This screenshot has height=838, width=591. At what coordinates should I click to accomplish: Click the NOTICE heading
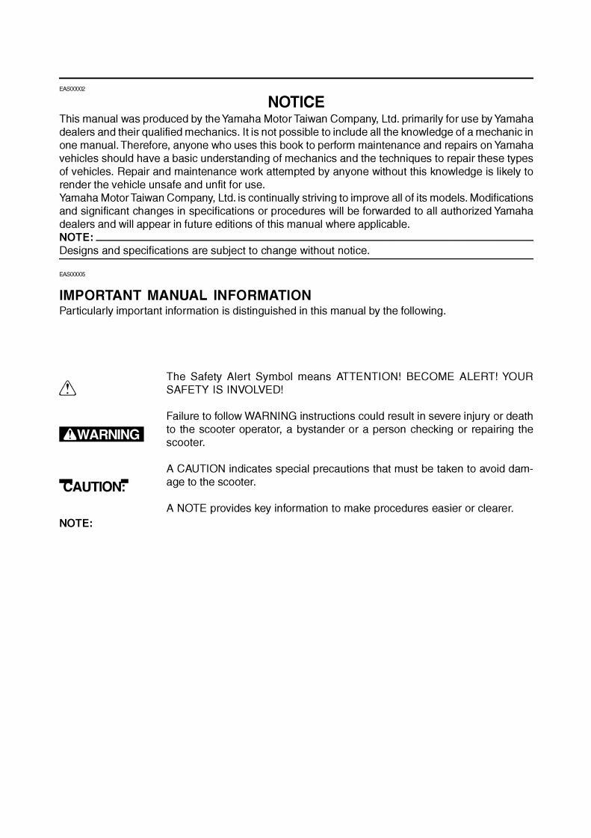[x=296, y=102]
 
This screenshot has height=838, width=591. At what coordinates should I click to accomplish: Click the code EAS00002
[x=72, y=89]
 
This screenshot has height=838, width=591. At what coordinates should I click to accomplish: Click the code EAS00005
[x=72, y=274]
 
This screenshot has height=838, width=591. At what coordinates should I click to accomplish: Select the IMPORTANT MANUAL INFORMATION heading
[x=185, y=296]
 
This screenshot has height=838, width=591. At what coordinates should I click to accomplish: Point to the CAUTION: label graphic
[x=93, y=486]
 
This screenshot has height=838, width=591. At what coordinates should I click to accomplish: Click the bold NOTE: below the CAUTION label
[x=75, y=524]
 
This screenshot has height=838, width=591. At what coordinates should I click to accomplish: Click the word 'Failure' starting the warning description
[x=183, y=415]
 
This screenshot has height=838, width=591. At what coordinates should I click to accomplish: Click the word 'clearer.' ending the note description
[x=493, y=509]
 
